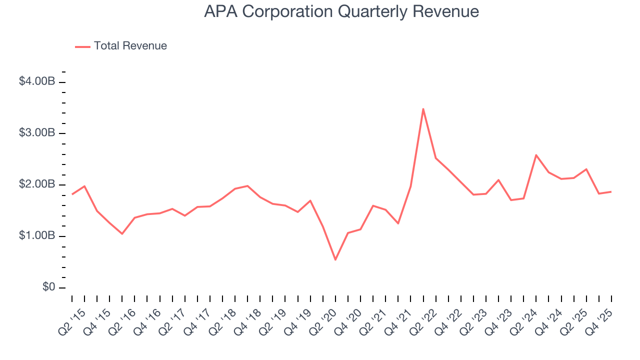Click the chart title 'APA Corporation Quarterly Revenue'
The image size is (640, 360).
341,11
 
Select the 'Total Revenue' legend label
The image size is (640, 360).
130,46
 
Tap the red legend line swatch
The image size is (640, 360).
82,46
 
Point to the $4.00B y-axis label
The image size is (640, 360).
36,81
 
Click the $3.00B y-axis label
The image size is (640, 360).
36,133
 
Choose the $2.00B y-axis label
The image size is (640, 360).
36,184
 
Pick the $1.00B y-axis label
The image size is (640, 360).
36,236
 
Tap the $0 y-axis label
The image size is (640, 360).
48,287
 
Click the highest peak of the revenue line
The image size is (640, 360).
423,109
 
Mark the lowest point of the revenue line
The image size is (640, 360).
335,259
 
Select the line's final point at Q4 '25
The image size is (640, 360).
611,191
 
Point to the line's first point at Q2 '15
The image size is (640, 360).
72,194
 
